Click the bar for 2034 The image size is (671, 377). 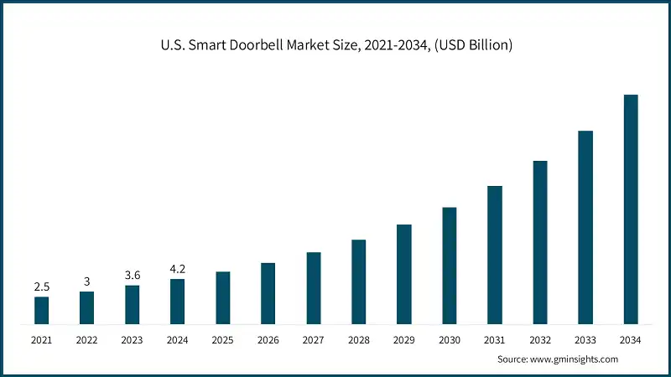pos(631,209)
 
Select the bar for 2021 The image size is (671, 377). pos(42,310)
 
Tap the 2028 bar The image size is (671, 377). pos(359,281)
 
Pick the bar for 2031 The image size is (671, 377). pos(495,255)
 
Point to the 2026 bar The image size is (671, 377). pos(268,293)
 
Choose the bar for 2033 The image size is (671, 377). pos(585,227)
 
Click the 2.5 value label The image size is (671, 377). pos(42,287)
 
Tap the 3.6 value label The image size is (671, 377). pos(133,276)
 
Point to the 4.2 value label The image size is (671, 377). pos(178,270)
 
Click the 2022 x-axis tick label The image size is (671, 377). pos(87,339)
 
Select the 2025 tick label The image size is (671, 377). pos(223,339)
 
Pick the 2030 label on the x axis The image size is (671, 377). pos(450,339)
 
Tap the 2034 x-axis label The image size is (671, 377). pos(631,339)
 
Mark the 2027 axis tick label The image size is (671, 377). pos(314,339)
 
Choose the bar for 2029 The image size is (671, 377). pos(404,274)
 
